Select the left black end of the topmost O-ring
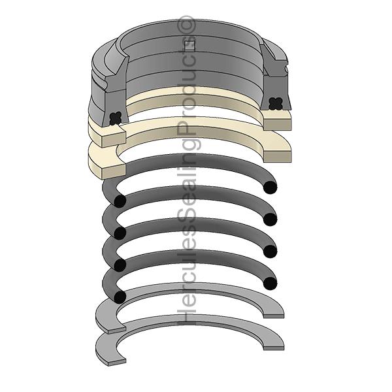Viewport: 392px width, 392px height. click(119, 201)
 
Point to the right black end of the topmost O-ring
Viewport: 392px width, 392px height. click(269, 187)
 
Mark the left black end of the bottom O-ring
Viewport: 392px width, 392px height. click(119, 297)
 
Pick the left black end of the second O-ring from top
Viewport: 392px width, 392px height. click(119, 233)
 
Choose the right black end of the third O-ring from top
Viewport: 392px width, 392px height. click(269, 251)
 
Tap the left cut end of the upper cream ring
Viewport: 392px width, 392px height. click(108, 135)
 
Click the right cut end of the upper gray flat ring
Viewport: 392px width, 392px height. click(274, 313)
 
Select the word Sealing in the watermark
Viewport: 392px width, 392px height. click(188, 189)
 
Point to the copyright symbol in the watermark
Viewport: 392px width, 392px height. click(188, 24)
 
